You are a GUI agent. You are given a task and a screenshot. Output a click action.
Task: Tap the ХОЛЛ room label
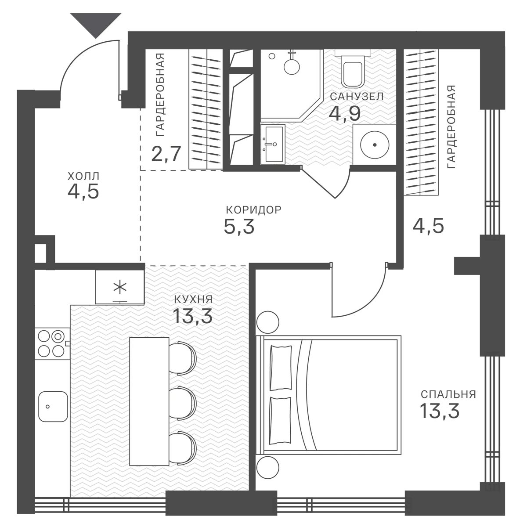click(x=83, y=176)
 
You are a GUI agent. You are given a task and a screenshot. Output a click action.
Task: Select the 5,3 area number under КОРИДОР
click(x=239, y=227)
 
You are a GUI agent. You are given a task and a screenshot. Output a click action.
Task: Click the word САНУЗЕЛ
click(x=357, y=97)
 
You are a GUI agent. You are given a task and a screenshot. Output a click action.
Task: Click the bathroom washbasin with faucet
click(x=273, y=144)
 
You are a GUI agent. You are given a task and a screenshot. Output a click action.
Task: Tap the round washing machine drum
click(x=375, y=144)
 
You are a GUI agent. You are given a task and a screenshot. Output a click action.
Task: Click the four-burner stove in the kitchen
click(x=51, y=343)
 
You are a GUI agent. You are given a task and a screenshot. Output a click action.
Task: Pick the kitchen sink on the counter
click(x=53, y=406)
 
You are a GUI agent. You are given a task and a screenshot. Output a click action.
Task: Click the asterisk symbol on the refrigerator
click(x=120, y=287)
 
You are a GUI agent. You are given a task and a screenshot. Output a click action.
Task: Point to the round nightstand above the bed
click(x=268, y=322)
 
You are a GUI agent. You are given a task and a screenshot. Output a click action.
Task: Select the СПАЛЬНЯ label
click(x=448, y=394)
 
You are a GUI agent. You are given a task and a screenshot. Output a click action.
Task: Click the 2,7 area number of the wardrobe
click(x=166, y=154)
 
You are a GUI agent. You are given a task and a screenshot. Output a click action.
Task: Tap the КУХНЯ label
click(x=193, y=299)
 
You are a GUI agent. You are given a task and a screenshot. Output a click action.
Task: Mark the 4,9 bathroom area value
click(x=345, y=113)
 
